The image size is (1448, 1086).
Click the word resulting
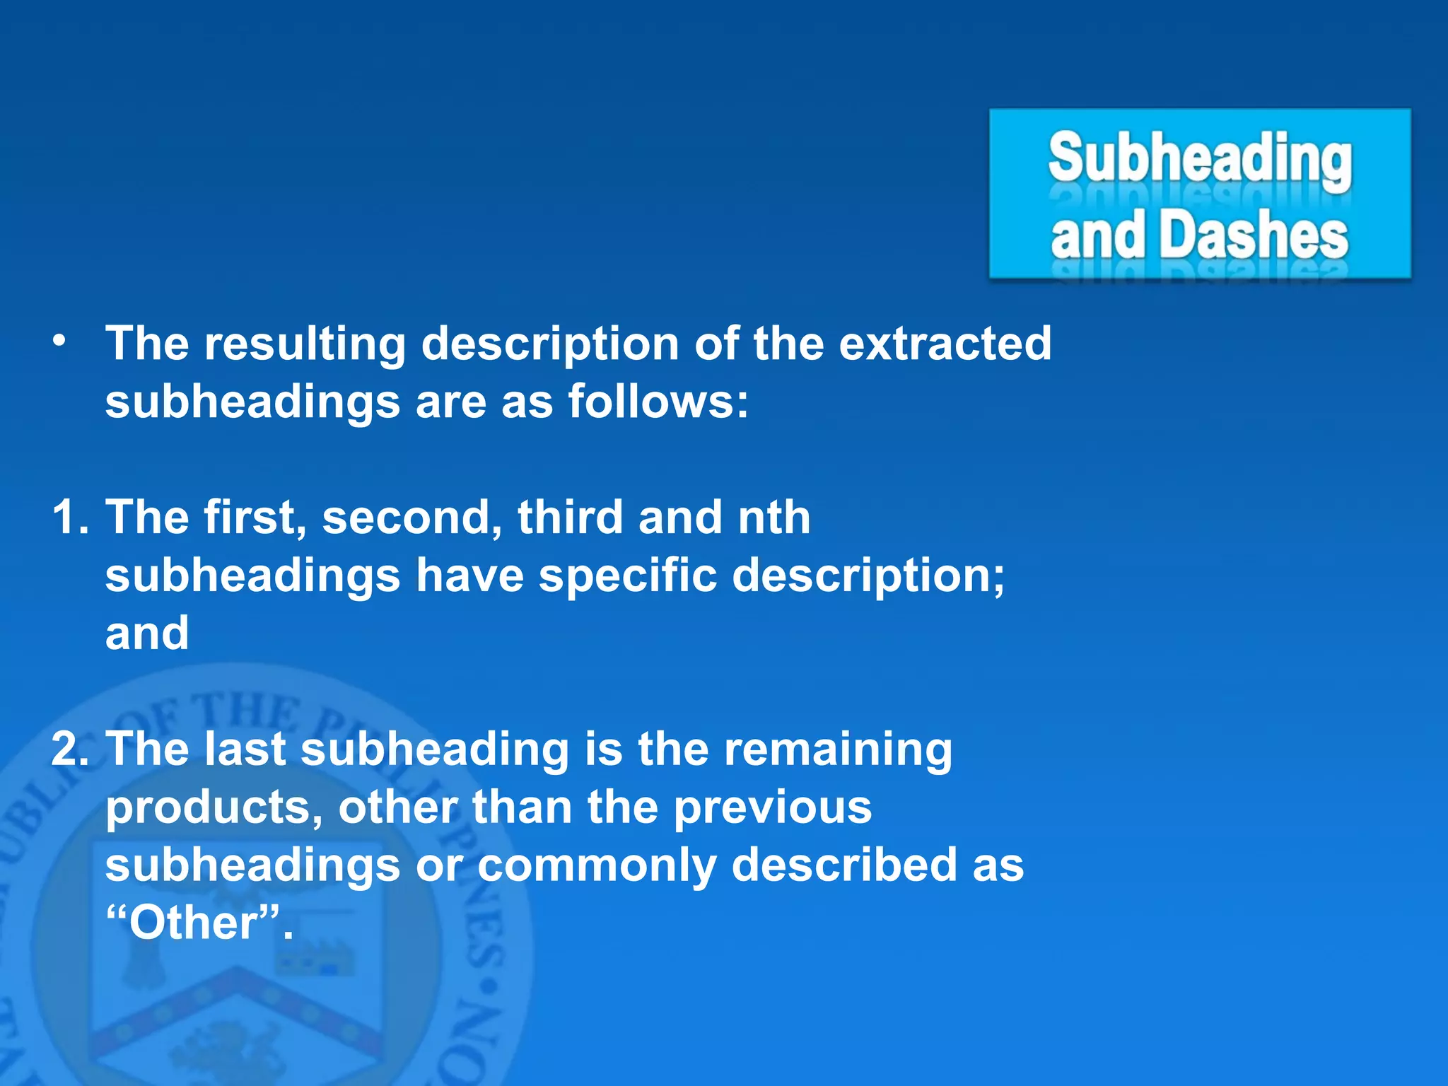point(305,344)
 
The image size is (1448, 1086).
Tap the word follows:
point(658,402)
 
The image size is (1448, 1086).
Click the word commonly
point(597,865)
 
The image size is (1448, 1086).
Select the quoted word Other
point(192,923)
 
